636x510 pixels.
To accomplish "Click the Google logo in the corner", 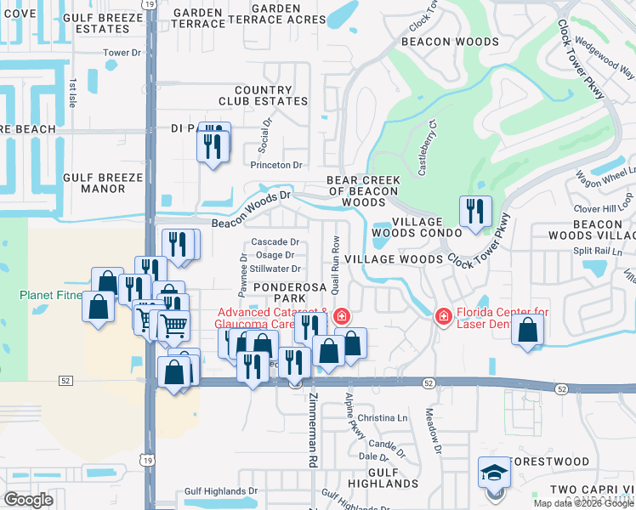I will (28, 500).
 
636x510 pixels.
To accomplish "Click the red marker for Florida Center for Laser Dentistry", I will (442, 317).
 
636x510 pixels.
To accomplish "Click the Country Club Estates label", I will (270, 95).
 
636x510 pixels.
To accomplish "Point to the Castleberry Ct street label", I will (426, 148).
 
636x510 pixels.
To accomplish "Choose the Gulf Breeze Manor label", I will (103, 183).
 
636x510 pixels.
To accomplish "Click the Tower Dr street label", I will (122, 53).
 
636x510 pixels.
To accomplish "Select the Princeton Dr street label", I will (280, 165).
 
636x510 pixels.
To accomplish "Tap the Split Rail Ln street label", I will (602, 252).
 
